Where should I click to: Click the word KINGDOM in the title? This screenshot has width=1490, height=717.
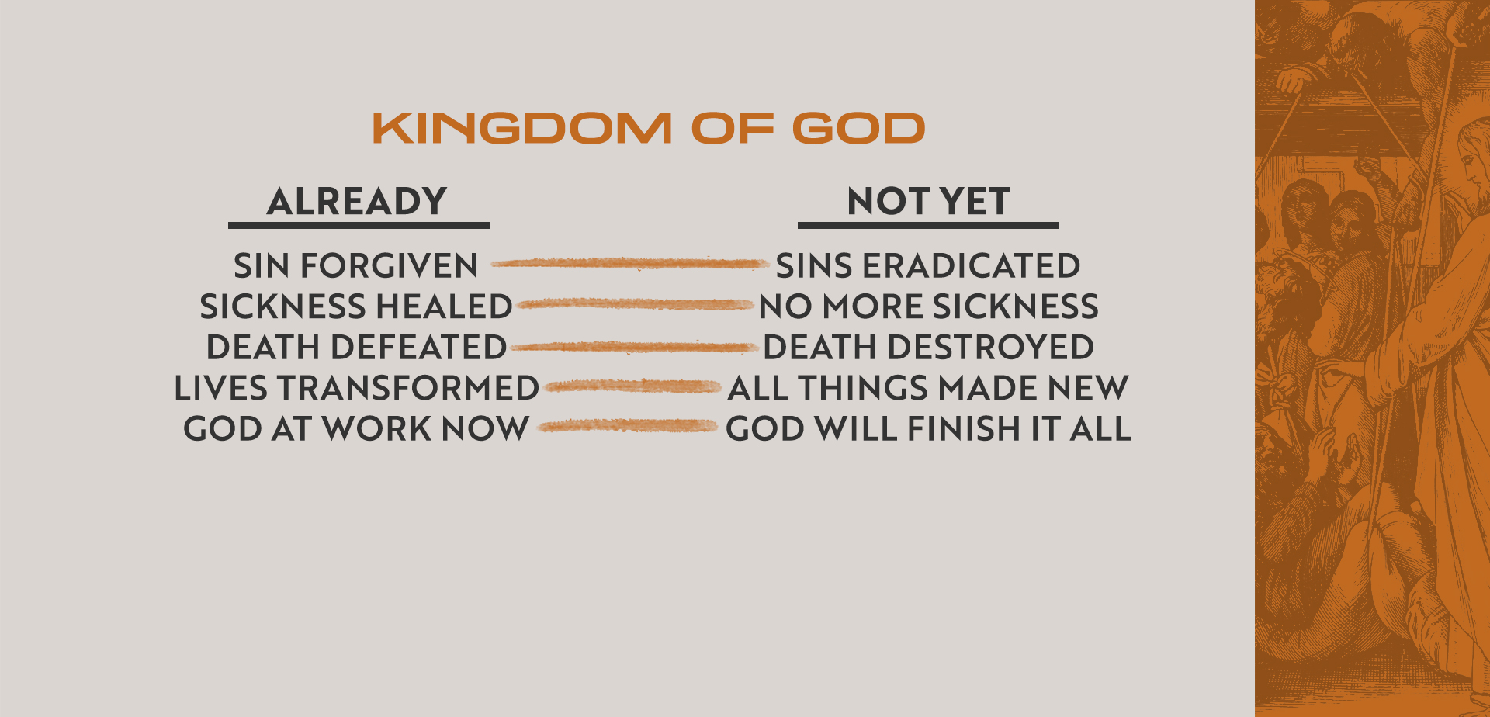point(522,129)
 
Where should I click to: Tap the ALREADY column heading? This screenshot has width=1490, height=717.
point(357,202)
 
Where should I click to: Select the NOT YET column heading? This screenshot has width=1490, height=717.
point(928,202)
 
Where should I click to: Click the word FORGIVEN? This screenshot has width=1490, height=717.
point(390,266)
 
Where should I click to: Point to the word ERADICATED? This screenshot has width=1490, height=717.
point(972,266)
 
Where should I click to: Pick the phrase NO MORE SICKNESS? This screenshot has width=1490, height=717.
point(929,307)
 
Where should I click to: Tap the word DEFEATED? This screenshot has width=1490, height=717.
point(419,347)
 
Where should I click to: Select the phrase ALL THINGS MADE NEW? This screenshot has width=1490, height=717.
point(928,388)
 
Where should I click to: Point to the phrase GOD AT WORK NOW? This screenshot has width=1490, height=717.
point(356,428)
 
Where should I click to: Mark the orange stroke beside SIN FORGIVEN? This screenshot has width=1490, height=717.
point(629,264)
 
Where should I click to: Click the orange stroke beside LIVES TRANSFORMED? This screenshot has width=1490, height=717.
point(633,386)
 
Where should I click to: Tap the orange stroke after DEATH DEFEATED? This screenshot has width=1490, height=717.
point(635,347)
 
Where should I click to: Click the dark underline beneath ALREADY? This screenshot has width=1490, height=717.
point(359,226)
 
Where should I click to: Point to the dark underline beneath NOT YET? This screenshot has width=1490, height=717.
point(928,226)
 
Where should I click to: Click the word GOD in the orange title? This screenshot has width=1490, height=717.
point(859,129)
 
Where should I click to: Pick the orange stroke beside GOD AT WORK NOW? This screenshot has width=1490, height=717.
point(627,425)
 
